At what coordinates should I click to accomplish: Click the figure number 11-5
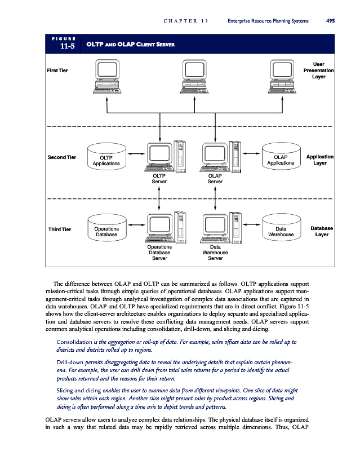68,46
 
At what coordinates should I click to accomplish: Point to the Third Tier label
59,229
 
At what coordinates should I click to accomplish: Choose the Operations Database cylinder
106,231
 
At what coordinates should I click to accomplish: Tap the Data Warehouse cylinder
280,231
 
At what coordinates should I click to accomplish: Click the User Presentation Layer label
318,70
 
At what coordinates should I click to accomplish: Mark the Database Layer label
321,231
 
